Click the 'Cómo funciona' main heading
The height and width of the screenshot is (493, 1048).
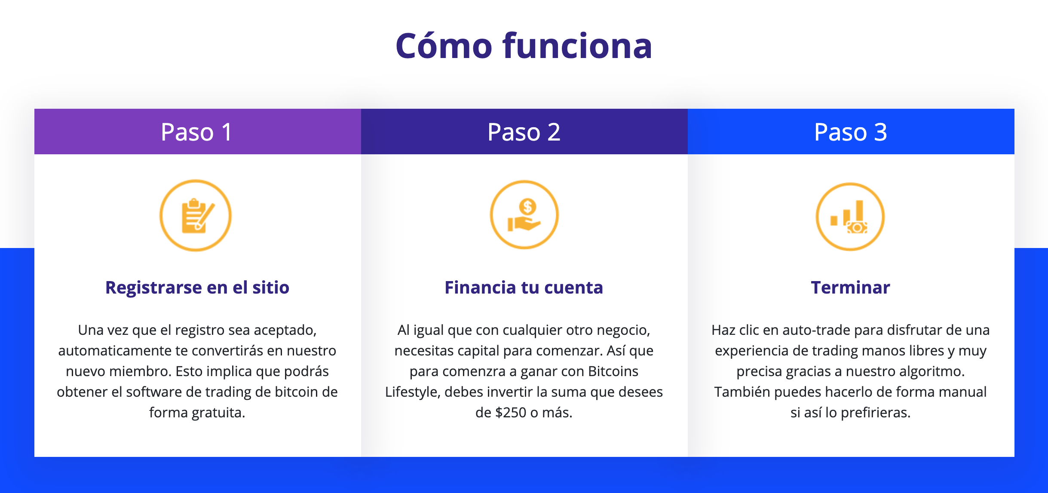[x=524, y=46]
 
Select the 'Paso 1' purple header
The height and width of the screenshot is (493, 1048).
[x=197, y=132]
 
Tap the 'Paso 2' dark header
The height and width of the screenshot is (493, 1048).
[x=524, y=132]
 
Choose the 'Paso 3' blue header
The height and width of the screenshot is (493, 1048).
[x=851, y=132]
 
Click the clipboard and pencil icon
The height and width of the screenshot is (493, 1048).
[x=196, y=215]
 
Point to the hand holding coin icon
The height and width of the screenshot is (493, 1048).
[x=524, y=215]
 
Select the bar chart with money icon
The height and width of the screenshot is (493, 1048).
[x=850, y=217]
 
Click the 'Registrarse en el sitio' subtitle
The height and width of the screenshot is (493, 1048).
[x=197, y=288]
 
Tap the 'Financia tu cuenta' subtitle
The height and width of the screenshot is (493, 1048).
[x=524, y=288]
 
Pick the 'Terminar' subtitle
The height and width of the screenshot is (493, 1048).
[x=850, y=288]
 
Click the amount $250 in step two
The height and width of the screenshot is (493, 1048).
[x=511, y=413]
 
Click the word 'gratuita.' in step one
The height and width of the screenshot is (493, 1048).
[x=218, y=413]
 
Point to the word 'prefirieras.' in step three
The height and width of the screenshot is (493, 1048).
[x=876, y=413]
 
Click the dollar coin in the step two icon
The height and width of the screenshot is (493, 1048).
[x=527, y=207]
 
